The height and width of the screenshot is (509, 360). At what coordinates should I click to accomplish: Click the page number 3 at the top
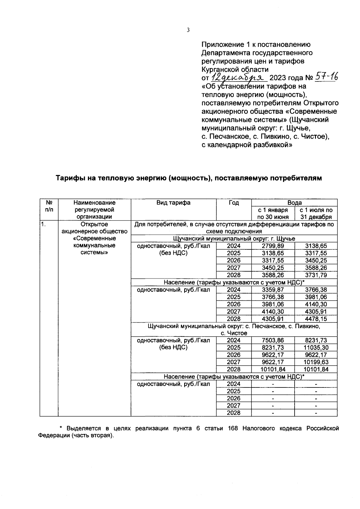click(x=188, y=30)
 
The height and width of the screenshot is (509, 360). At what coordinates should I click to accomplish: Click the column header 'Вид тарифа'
click(x=173, y=203)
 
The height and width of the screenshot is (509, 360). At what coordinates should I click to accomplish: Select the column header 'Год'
click(x=234, y=203)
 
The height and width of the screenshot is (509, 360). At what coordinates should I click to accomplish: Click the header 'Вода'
click(x=294, y=203)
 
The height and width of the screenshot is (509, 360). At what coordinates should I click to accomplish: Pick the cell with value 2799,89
click(x=273, y=246)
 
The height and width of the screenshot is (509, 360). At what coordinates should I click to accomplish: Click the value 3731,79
click(x=316, y=275)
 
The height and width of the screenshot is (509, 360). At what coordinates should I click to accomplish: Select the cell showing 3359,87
click(x=273, y=290)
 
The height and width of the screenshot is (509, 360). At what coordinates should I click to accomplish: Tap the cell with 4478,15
click(x=316, y=319)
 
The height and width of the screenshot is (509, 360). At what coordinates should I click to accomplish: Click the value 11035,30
click(x=316, y=348)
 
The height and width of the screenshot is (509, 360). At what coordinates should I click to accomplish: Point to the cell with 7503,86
click(x=273, y=340)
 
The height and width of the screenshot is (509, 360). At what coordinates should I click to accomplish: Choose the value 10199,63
click(x=316, y=362)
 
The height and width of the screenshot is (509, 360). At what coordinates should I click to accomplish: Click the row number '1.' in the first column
click(x=43, y=224)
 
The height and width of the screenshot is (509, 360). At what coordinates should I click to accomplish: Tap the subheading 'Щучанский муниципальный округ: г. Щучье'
click(x=234, y=239)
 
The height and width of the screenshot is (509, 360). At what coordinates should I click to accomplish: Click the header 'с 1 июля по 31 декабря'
click(x=316, y=213)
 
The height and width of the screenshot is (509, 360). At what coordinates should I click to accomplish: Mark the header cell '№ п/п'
click(x=49, y=206)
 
